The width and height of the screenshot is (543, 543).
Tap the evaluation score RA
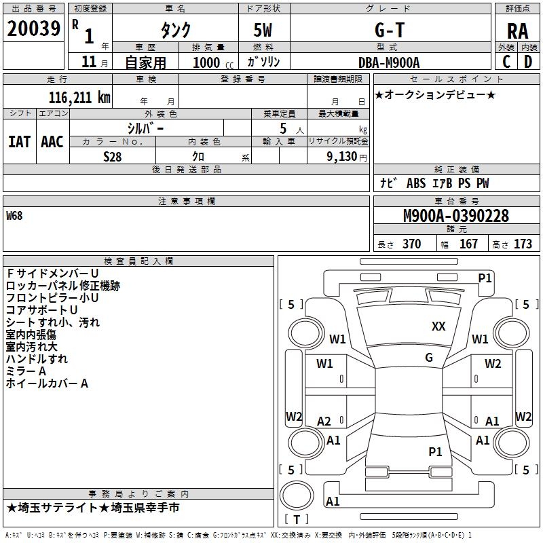click(x=517, y=31)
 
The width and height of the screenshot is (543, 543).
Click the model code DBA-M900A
click(x=389, y=62)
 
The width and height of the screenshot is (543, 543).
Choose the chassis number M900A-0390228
click(x=455, y=216)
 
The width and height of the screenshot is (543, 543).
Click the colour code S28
click(x=112, y=156)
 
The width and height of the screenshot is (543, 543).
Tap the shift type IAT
click(x=19, y=142)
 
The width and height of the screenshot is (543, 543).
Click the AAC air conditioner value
click(x=52, y=142)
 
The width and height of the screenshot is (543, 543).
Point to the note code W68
click(x=14, y=217)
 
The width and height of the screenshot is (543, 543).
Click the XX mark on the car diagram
click(x=438, y=326)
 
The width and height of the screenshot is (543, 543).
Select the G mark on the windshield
click(x=429, y=358)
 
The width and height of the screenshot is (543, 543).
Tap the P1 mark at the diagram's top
click(x=485, y=278)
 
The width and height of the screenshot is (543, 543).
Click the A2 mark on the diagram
click(x=324, y=422)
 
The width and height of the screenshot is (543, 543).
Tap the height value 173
click(x=523, y=244)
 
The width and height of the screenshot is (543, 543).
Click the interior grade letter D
click(x=528, y=62)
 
